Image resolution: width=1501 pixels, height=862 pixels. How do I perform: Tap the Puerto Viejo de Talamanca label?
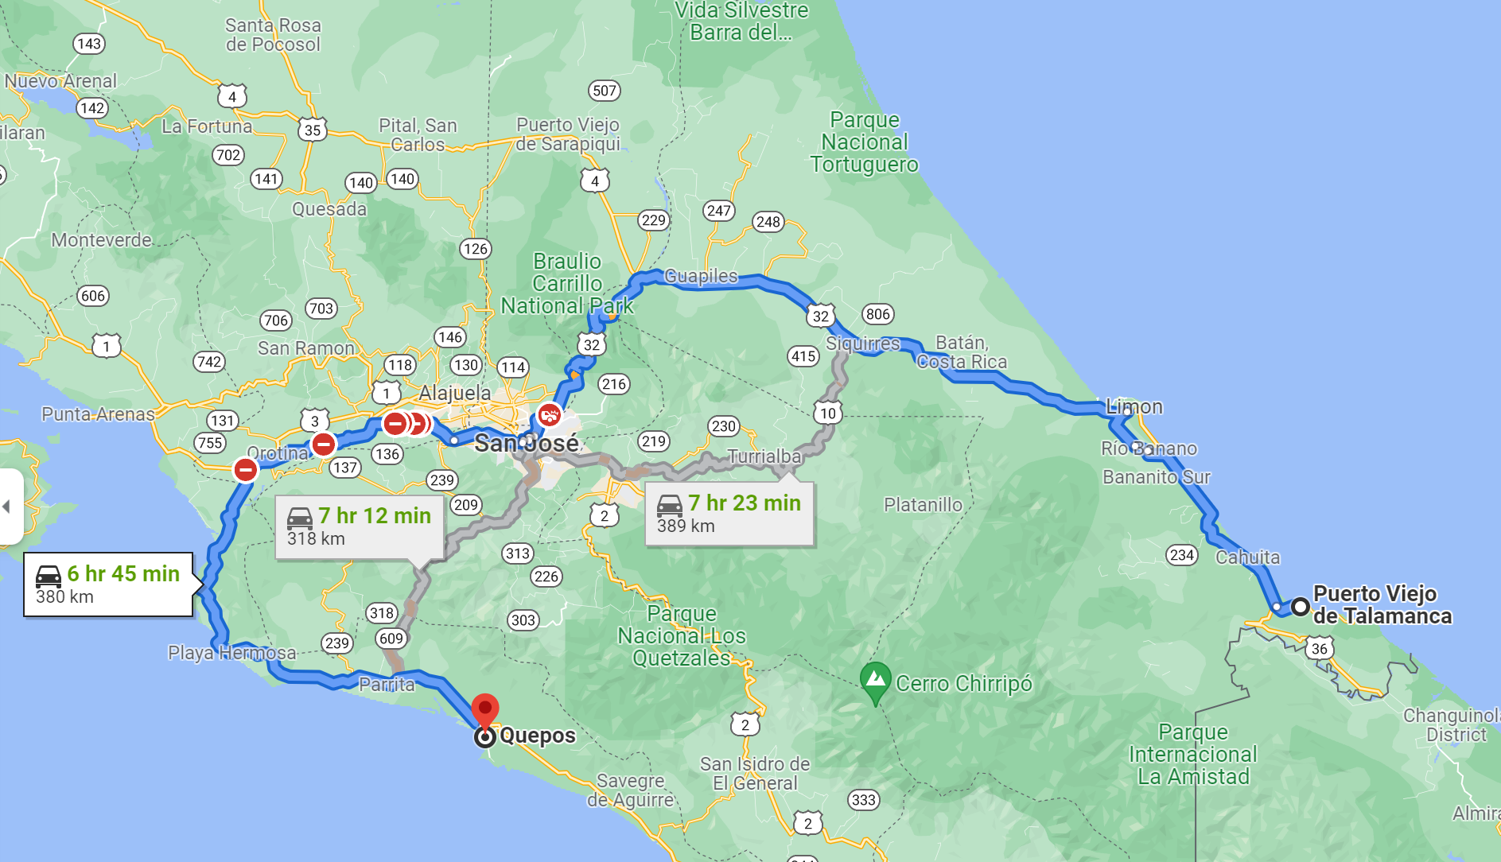coord(1382,605)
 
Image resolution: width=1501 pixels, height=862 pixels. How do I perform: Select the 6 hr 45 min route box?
coord(108,584)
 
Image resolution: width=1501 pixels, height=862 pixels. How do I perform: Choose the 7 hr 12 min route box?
coord(359,526)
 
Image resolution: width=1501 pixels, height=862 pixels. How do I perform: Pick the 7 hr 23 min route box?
coord(729,514)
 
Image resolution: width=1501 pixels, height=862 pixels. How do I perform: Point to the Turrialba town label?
coord(764,456)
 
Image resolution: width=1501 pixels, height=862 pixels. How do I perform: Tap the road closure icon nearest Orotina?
coord(323,445)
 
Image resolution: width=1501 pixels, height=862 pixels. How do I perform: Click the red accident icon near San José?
coord(549,415)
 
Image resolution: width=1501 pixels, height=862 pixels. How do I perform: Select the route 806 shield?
coord(877,314)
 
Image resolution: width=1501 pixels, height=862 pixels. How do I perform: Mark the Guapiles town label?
coord(701,276)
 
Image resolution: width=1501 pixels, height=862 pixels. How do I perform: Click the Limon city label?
coord(1134,407)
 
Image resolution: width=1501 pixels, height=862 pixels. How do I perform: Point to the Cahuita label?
coord(1247,557)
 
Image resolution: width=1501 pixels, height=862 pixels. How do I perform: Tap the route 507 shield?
coord(605,91)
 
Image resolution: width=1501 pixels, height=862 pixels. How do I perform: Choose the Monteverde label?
coord(101,240)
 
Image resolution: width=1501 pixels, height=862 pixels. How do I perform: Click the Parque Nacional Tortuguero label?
coord(864,142)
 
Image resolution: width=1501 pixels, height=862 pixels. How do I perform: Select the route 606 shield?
coord(93,296)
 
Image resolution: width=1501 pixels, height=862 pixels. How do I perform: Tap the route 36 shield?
coord(1319,649)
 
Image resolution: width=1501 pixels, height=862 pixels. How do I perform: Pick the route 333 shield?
coord(863,800)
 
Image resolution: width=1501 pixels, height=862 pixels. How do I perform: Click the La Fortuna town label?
coord(207,126)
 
